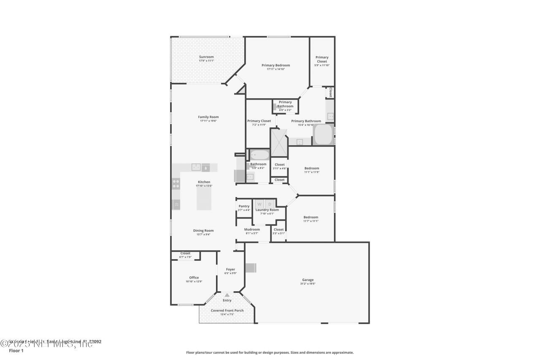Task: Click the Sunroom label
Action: coord(206,57)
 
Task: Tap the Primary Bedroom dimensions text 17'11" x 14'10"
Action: coord(275,69)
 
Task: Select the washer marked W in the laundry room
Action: coord(259,204)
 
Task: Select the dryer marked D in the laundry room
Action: coord(270,204)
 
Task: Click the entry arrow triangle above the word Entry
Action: coord(227,295)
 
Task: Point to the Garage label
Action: coord(308,280)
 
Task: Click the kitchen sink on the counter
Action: coord(196,167)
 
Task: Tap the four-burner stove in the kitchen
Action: coord(176,184)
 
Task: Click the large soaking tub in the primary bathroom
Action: coord(323,135)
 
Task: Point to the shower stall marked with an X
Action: coord(278,141)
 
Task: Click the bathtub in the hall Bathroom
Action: coord(258,155)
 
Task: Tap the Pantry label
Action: coord(244,206)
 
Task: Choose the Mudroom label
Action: coord(252,230)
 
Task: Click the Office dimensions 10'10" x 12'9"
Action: coord(194,282)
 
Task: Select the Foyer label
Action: coord(230,269)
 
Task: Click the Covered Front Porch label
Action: coord(227,311)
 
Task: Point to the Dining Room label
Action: coord(203,230)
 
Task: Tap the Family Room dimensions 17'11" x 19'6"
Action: coord(208,121)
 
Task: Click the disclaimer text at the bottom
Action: coord(270,352)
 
